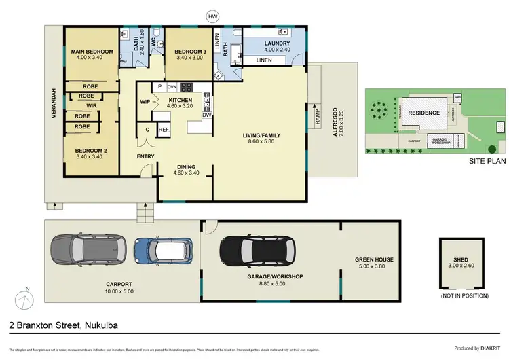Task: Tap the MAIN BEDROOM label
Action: (x=91, y=51)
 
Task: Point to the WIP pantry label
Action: (x=145, y=103)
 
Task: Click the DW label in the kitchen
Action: (x=206, y=115)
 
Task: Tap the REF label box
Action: (x=164, y=129)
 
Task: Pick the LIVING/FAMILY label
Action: (x=261, y=135)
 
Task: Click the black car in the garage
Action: (x=260, y=252)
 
